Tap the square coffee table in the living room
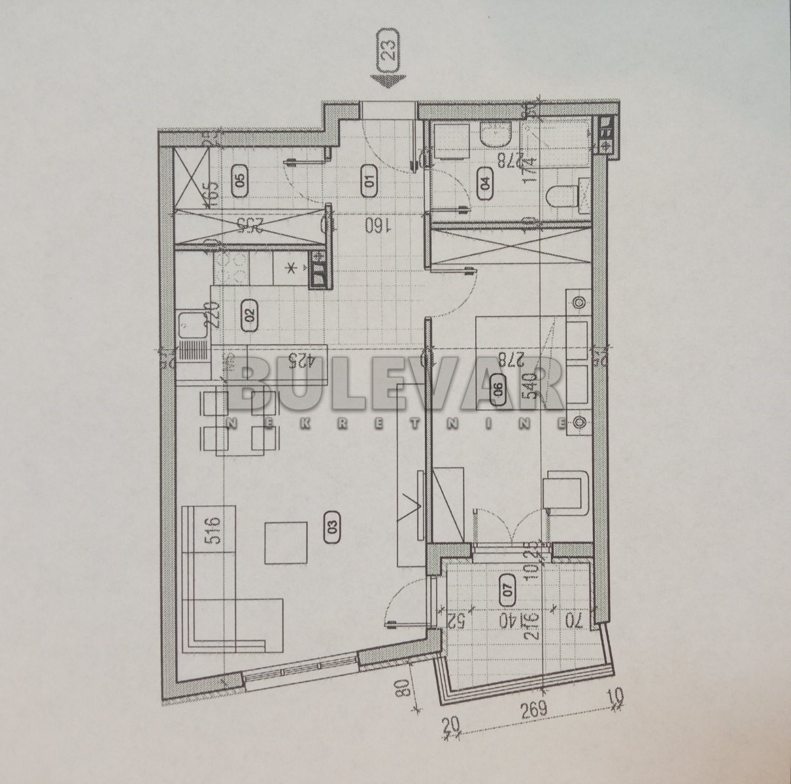click(286, 543)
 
